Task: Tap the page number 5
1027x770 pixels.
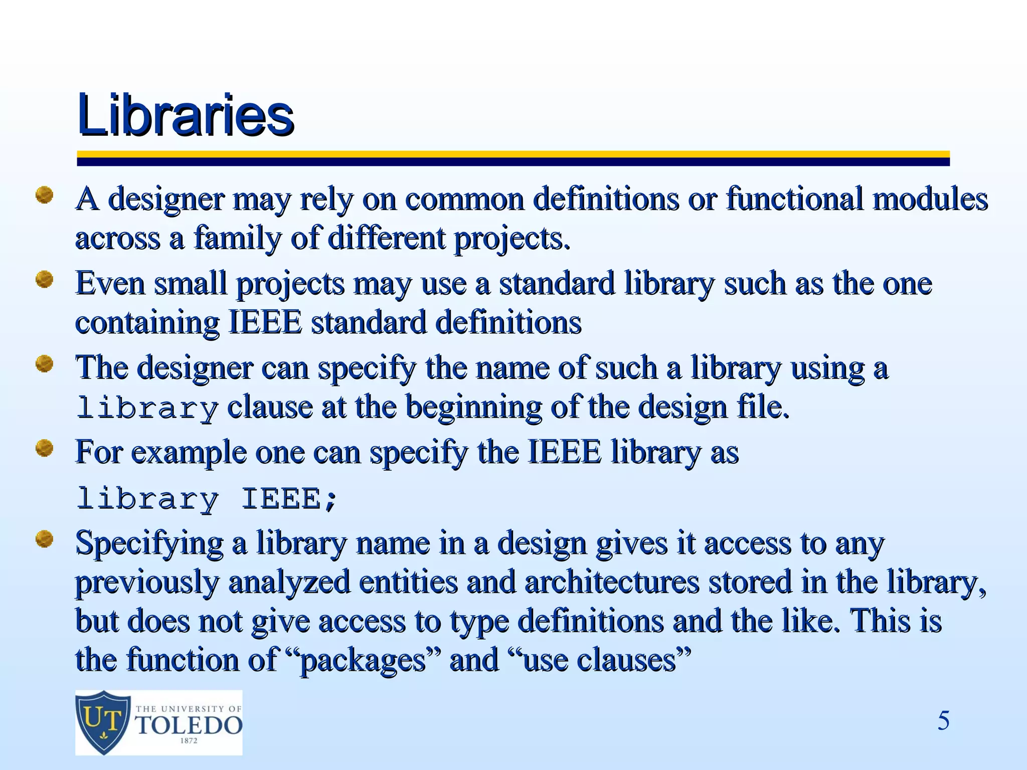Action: point(943,721)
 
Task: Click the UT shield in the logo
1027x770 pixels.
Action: point(103,721)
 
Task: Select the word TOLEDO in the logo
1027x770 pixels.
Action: point(189,725)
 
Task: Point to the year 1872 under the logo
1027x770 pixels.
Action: point(189,741)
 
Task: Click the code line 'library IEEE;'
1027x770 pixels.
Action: point(207,499)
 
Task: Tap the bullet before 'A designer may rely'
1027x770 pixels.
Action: point(45,195)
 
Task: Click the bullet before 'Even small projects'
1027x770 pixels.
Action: point(45,279)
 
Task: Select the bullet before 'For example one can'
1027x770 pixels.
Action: point(45,448)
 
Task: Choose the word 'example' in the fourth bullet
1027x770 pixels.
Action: point(189,453)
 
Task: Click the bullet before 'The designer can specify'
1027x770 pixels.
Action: point(45,363)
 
